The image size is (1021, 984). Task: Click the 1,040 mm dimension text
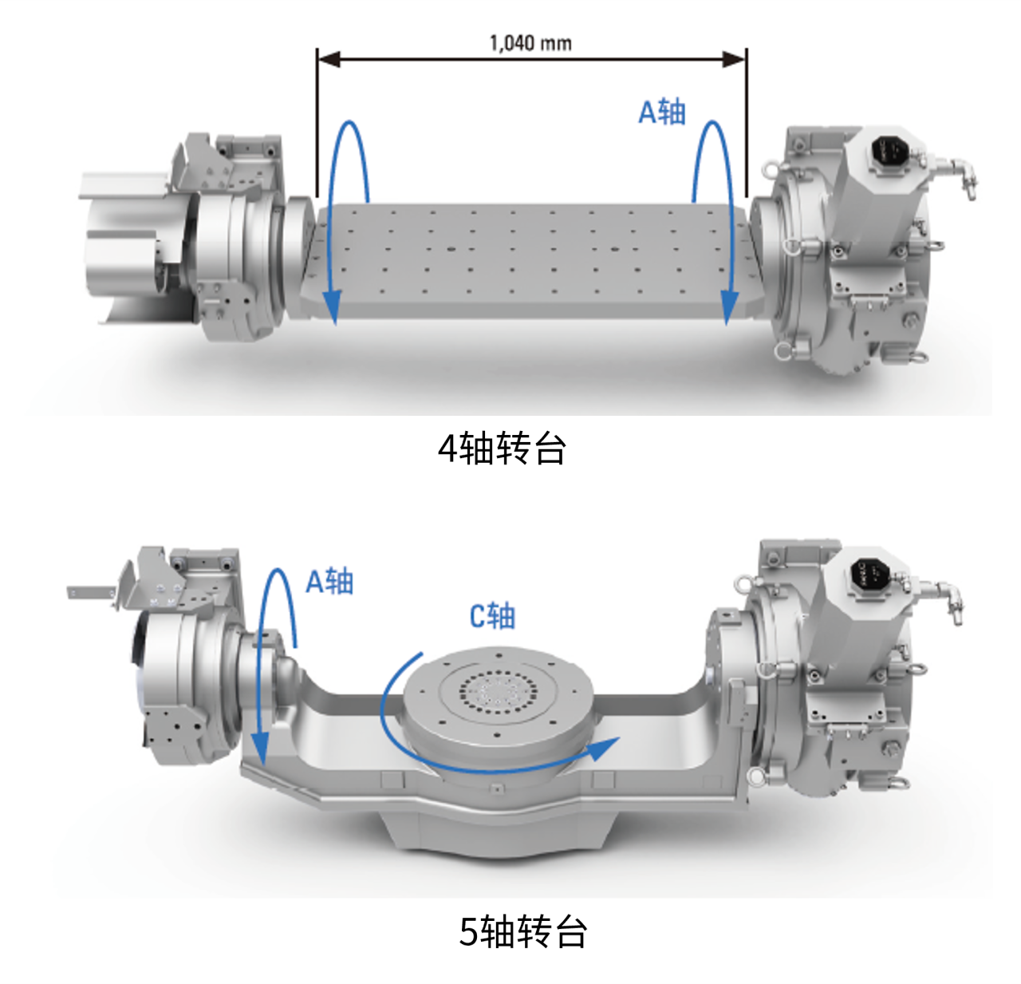click(530, 43)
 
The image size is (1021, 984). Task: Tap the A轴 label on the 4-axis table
click(661, 112)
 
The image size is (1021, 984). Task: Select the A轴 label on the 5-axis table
click(329, 581)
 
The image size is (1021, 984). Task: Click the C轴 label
click(492, 615)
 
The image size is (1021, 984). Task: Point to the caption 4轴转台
click(502, 449)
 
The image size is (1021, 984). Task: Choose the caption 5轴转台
click(523, 932)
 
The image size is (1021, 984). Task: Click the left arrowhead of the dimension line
click(329, 59)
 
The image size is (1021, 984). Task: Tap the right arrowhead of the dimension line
click(734, 59)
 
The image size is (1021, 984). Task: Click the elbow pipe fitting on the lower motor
click(948, 602)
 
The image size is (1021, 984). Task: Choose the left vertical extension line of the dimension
click(317, 122)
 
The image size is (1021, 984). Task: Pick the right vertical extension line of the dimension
click(746, 122)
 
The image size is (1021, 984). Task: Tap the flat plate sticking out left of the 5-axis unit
click(90, 591)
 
